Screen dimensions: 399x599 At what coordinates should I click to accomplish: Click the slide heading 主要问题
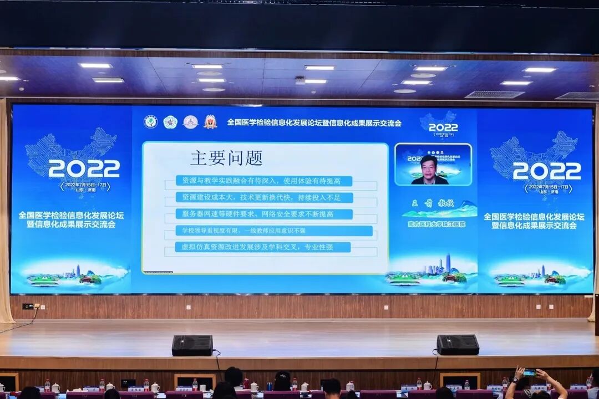click(226, 158)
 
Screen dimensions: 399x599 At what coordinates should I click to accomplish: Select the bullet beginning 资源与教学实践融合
click(264, 181)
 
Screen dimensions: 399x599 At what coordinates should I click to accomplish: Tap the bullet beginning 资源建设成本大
click(264, 197)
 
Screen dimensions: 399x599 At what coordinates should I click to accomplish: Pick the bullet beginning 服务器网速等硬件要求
click(264, 214)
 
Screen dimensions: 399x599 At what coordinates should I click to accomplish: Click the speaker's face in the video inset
click(429, 167)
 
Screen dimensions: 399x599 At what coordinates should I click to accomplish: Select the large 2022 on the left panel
click(84, 168)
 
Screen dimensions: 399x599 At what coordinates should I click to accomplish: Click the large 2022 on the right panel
click(547, 171)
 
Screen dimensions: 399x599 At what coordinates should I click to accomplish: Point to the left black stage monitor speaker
click(192, 345)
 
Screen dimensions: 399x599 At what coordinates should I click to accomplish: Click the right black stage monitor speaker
click(458, 345)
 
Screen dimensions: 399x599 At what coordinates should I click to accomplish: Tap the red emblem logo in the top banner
click(210, 122)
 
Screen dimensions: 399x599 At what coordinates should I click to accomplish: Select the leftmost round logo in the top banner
click(150, 122)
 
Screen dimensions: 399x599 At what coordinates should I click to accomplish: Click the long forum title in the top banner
click(314, 122)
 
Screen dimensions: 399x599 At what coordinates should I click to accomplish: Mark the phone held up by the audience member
click(530, 372)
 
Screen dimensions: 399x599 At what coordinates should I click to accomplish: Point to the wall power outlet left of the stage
click(28, 306)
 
